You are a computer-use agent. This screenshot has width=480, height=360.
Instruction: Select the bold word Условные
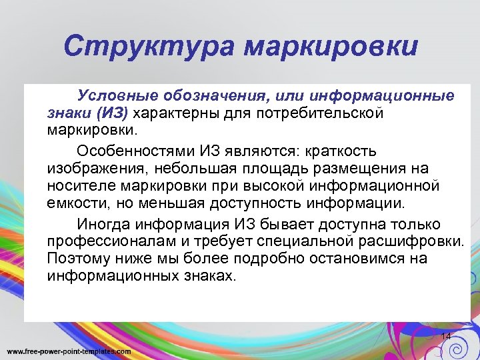114,96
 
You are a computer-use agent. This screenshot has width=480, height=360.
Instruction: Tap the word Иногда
101,224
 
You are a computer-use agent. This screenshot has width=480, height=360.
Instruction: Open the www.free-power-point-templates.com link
69,351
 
